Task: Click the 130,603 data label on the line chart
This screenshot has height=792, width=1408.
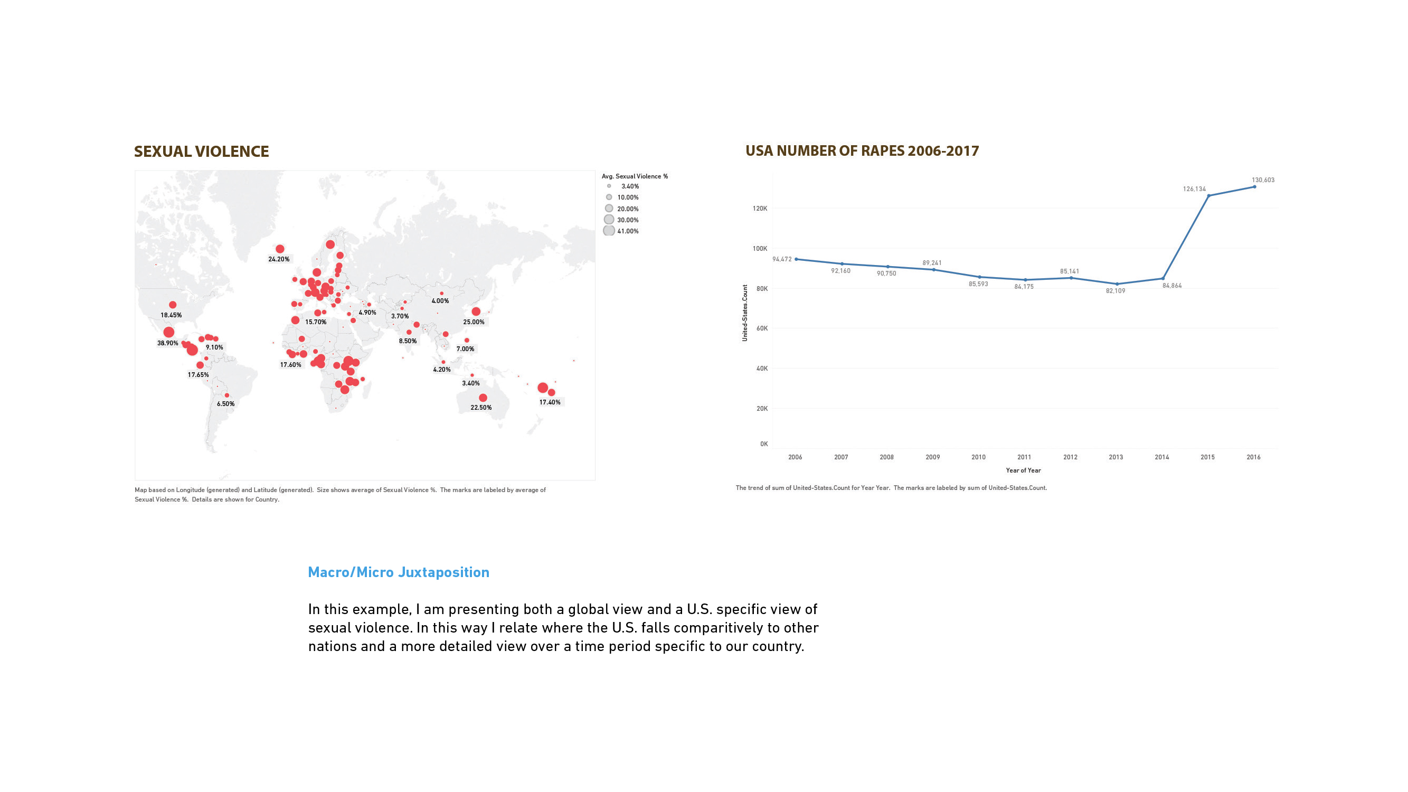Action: [x=1263, y=180]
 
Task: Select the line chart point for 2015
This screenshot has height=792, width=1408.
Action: [x=1208, y=196]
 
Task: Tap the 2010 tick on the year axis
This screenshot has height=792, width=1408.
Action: [x=978, y=457]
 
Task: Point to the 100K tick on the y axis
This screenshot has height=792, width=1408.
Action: [x=760, y=249]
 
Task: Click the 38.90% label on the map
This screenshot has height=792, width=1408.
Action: [x=168, y=343]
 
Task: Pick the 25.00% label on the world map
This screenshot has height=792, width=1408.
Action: [x=474, y=322]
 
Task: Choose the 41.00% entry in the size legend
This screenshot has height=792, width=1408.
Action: [x=628, y=231]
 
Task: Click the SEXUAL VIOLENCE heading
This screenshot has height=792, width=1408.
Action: [x=201, y=152]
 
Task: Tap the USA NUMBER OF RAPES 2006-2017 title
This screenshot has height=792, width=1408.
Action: [x=862, y=151]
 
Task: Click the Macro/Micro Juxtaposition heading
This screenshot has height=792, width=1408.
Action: [x=399, y=572]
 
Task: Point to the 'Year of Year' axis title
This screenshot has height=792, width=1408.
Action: [x=1023, y=470]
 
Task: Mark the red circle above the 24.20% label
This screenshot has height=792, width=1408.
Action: [x=280, y=249]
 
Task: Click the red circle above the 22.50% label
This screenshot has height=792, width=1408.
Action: [x=483, y=398]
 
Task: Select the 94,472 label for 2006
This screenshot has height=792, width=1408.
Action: [x=782, y=259]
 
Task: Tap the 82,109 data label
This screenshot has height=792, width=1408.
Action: [x=1116, y=291]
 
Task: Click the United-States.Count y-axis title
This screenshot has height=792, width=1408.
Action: [x=744, y=313]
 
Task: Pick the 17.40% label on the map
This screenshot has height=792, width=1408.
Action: [x=550, y=402]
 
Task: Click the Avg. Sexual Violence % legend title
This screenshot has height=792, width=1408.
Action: [x=635, y=176]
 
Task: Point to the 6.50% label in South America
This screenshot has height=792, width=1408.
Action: [x=226, y=404]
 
